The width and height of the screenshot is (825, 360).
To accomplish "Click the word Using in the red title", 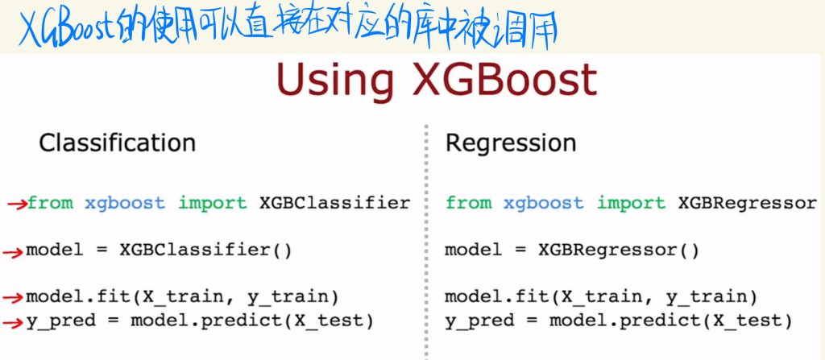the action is tap(335, 81).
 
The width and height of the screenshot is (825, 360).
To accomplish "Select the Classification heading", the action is tap(118, 143).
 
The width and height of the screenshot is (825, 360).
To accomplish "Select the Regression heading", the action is tap(511, 143).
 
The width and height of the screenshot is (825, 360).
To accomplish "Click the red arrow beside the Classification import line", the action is tap(18, 205).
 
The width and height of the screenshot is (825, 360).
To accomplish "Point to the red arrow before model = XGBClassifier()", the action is tap(13, 254).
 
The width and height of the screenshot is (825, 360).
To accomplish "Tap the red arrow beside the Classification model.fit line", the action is tap(13, 299).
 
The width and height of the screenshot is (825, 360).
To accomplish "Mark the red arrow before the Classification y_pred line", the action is tap(13, 323).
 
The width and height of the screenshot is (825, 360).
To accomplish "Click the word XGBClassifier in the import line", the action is tap(334, 203).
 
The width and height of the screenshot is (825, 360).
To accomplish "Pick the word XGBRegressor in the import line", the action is tap(748, 203).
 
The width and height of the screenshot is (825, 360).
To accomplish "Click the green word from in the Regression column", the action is tap(469, 203).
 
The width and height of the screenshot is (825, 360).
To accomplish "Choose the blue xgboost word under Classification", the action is tap(125, 203).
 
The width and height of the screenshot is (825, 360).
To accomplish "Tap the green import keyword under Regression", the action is tap(631, 203).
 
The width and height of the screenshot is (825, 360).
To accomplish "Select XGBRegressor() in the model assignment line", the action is tap(619, 250).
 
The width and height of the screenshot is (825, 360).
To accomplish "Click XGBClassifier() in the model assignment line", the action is tap(205, 250).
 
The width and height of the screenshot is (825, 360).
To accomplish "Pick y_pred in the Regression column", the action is tap(479, 321).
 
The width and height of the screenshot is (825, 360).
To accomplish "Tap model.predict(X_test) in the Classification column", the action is tap(252, 321).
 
